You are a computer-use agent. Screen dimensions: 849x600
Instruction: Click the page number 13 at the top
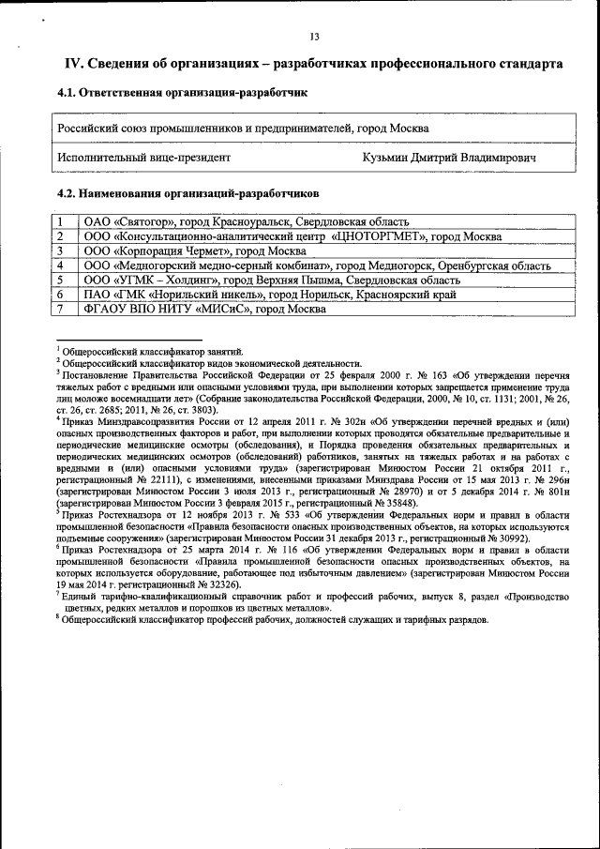[x=315, y=37]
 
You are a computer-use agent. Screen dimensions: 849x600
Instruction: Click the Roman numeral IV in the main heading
[x=74, y=64]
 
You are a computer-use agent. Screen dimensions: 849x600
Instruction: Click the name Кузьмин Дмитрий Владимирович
[x=450, y=158]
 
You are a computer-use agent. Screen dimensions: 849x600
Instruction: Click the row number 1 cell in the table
[x=59, y=222]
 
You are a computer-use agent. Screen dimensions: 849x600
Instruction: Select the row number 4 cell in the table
[x=59, y=265]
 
